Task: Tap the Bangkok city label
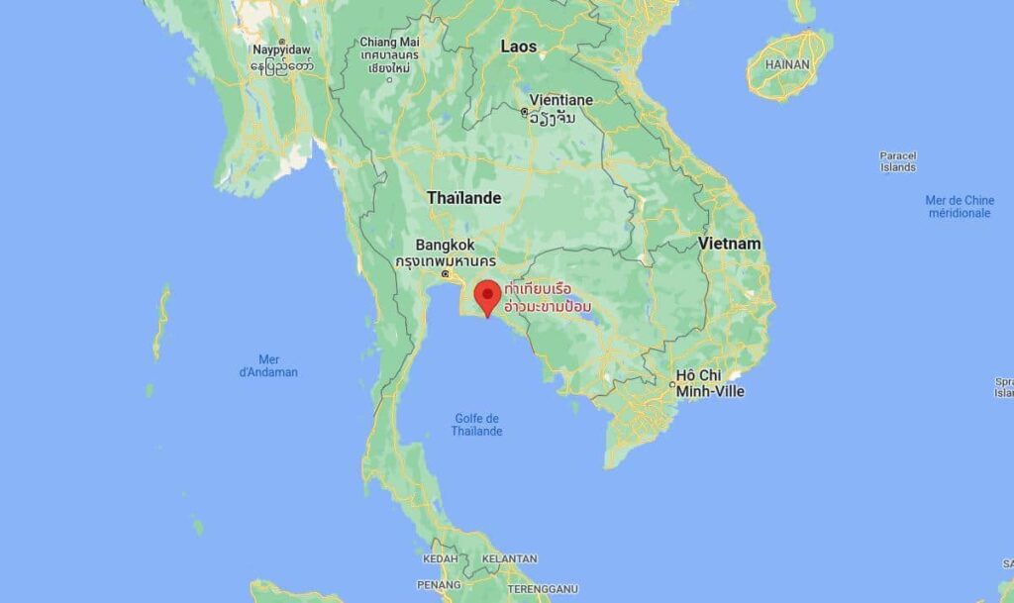(445, 245)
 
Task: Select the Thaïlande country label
(463, 198)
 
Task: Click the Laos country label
(518, 47)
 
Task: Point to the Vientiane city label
(561, 100)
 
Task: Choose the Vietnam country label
(730, 243)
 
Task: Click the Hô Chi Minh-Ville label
(709, 384)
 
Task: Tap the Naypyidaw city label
(282, 50)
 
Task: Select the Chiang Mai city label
(389, 43)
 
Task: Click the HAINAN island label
(787, 64)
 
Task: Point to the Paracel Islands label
(898, 161)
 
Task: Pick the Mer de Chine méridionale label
(959, 206)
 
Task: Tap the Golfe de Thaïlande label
(477, 424)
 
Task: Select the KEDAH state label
(440, 558)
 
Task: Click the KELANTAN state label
(509, 558)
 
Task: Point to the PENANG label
(439, 585)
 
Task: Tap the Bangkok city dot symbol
(446, 272)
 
